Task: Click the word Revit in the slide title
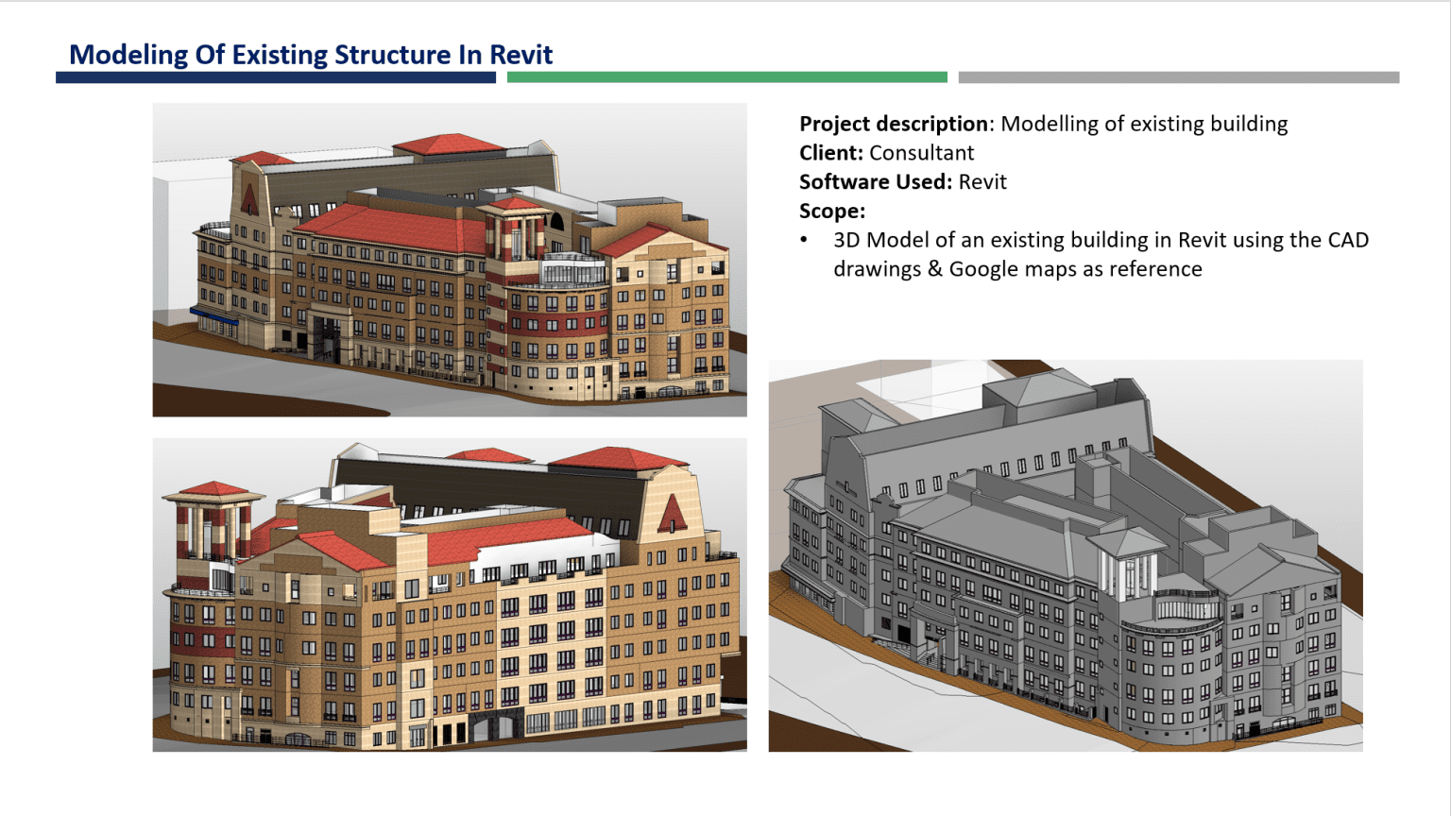(x=521, y=55)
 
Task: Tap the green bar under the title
(x=726, y=77)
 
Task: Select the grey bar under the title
(x=1178, y=77)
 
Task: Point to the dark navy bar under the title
(x=275, y=77)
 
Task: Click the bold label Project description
(x=893, y=124)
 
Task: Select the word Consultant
(x=921, y=153)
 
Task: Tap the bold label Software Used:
(x=875, y=182)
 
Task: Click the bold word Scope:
(x=831, y=211)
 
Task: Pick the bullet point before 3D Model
(x=804, y=240)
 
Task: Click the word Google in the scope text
(x=987, y=269)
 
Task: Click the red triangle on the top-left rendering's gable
(x=249, y=199)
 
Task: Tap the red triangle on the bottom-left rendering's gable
(x=672, y=515)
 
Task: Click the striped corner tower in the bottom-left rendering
(x=213, y=529)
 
